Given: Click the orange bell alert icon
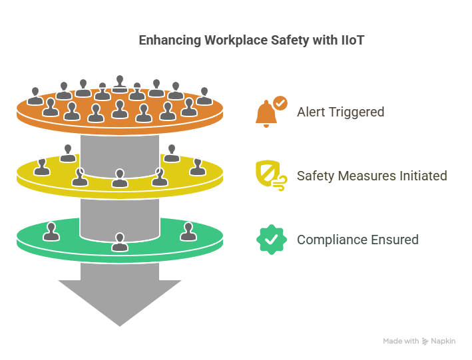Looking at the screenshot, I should click(266, 114).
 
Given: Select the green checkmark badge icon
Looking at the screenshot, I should click(271, 240).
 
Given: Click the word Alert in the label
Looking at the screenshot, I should click(311, 112).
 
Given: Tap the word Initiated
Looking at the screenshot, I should click(423, 176).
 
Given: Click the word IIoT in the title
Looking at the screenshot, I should click(353, 41).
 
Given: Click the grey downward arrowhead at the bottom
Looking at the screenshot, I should click(120, 299).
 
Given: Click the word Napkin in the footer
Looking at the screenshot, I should click(443, 341).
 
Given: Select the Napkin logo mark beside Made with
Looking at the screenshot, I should click(425, 341).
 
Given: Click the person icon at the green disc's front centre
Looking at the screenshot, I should click(120, 242).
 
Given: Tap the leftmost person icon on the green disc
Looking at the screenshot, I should click(50, 232).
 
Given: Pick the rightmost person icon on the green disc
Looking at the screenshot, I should click(188, 232).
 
